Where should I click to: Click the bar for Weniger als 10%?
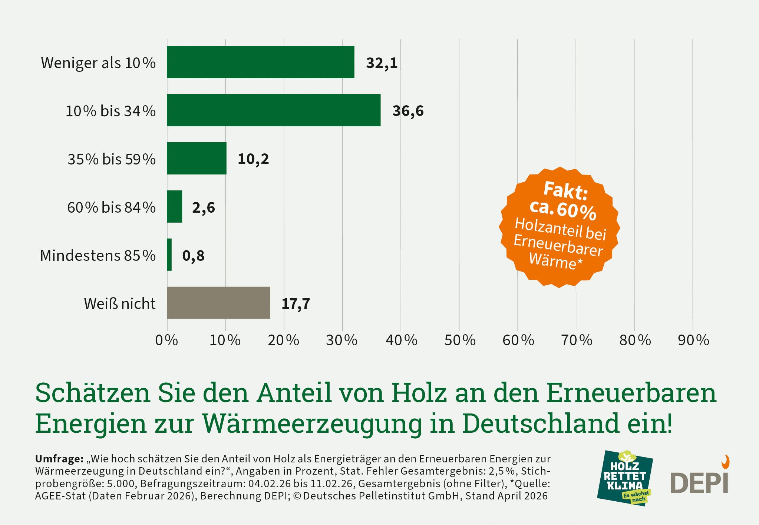[260, 62]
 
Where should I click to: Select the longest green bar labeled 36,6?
[274, 110]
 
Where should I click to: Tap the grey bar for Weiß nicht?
[218, 303]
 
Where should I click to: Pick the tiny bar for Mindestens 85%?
[169, 255]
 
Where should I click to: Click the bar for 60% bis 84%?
[175, 206]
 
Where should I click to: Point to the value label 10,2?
[253, 159]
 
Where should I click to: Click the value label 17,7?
[296, 304]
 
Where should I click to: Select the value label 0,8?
[193, 256]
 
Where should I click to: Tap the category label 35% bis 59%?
[111, 159]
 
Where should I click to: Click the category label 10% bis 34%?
[110, 111]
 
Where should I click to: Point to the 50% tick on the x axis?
[459, 340]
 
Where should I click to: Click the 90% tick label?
[693, 340]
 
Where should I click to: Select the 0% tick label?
[166, 340]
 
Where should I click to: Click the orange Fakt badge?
[559, 227]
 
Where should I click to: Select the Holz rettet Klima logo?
[624, 478]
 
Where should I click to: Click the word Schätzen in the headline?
[93, 393]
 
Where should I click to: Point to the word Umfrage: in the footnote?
[59, 459]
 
